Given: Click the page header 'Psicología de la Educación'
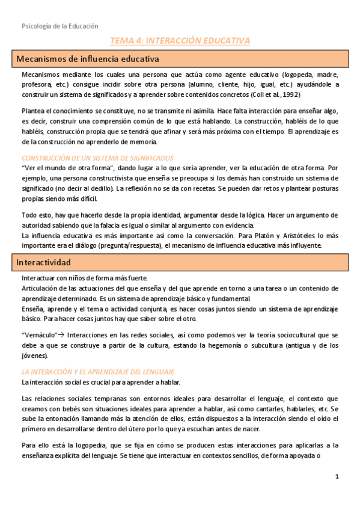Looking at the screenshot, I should coord(59,26).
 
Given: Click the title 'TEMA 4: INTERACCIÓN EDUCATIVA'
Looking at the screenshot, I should coord(179,41).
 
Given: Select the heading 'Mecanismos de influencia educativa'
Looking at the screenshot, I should coord(87,59).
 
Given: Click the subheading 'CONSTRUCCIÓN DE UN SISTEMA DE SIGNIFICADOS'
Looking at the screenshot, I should coord(97,158).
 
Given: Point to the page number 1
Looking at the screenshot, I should coord(337,477).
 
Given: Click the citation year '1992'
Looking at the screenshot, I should coord(288,95).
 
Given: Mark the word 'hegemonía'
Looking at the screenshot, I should coord(224,345).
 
